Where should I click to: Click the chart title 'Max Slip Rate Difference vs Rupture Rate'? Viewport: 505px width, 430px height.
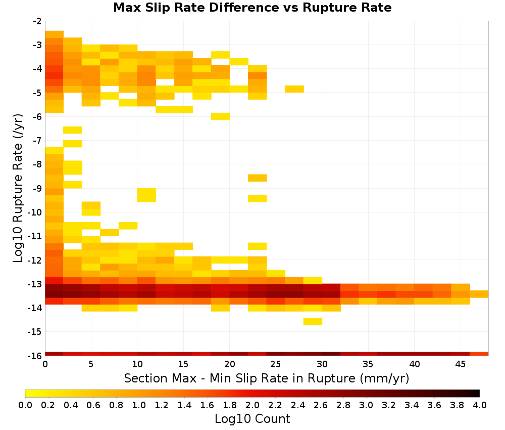point(252,8)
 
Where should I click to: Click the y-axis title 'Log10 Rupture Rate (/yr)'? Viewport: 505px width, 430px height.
point(18,188)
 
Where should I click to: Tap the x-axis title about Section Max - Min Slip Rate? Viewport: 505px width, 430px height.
point(266,378)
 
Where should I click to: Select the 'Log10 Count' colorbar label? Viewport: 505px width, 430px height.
point(252,419)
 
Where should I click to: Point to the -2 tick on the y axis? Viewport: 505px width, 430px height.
point(37,21)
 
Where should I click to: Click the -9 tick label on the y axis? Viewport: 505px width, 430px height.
point(37,188)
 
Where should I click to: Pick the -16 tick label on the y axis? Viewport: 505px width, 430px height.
point(35,356)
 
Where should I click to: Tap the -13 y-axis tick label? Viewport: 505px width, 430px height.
point(35,284)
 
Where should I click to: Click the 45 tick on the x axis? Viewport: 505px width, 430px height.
point(460,364)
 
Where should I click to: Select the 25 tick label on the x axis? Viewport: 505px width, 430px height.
point(276,364)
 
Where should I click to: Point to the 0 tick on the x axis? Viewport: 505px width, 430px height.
point(45,364)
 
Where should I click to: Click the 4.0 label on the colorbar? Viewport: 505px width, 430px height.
point(480,405)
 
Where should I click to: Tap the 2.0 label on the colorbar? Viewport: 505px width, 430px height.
point(252,405)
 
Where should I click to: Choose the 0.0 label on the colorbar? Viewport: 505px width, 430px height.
point(25,405)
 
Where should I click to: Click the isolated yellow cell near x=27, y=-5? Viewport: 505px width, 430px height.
point(294,89)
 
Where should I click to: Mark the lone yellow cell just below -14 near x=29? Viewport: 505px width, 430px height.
point(313,321)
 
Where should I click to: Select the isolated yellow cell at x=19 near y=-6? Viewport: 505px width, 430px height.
point(221,116)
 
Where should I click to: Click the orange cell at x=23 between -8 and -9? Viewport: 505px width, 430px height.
point(258,178)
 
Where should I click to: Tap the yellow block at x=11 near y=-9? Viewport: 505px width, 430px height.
point(146,195)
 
